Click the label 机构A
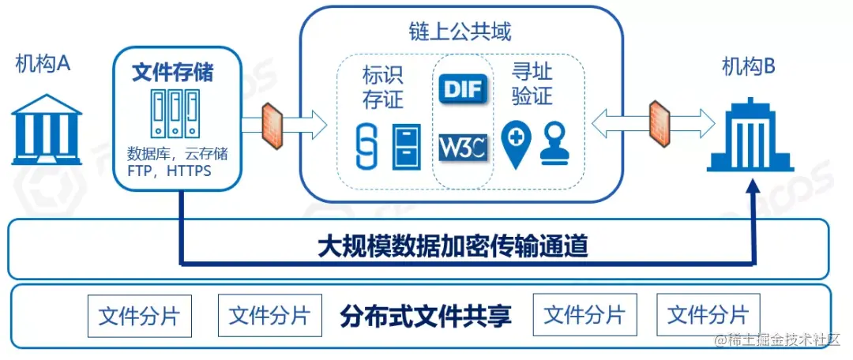43,64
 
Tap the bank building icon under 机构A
47,129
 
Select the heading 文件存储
173,73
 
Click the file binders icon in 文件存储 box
174,111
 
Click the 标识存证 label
382,87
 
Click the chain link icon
364,145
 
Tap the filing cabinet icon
408,146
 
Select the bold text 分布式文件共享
426,317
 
